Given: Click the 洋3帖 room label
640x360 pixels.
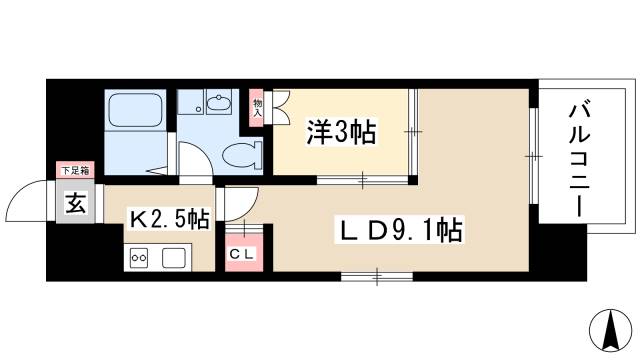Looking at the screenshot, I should [x=342, y=132].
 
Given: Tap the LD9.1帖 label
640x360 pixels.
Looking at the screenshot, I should [x=397, y=232].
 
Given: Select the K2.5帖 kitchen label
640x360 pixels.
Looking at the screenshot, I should [x=167, y=218].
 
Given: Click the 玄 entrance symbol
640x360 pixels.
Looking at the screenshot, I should [x=75, y=204].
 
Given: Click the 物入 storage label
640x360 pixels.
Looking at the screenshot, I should [x=256, y=106].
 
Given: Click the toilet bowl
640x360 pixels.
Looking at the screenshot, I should [x=239, y=153].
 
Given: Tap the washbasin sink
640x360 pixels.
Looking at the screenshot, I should [x=218, y=104].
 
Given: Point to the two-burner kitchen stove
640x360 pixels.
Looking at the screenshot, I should [x=139, y=258].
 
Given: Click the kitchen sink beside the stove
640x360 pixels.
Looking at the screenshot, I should [x=173, y=258].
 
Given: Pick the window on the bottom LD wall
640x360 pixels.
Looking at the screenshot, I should [x=377, y=273].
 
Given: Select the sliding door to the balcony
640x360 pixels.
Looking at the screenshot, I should [x=534, y=156].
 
